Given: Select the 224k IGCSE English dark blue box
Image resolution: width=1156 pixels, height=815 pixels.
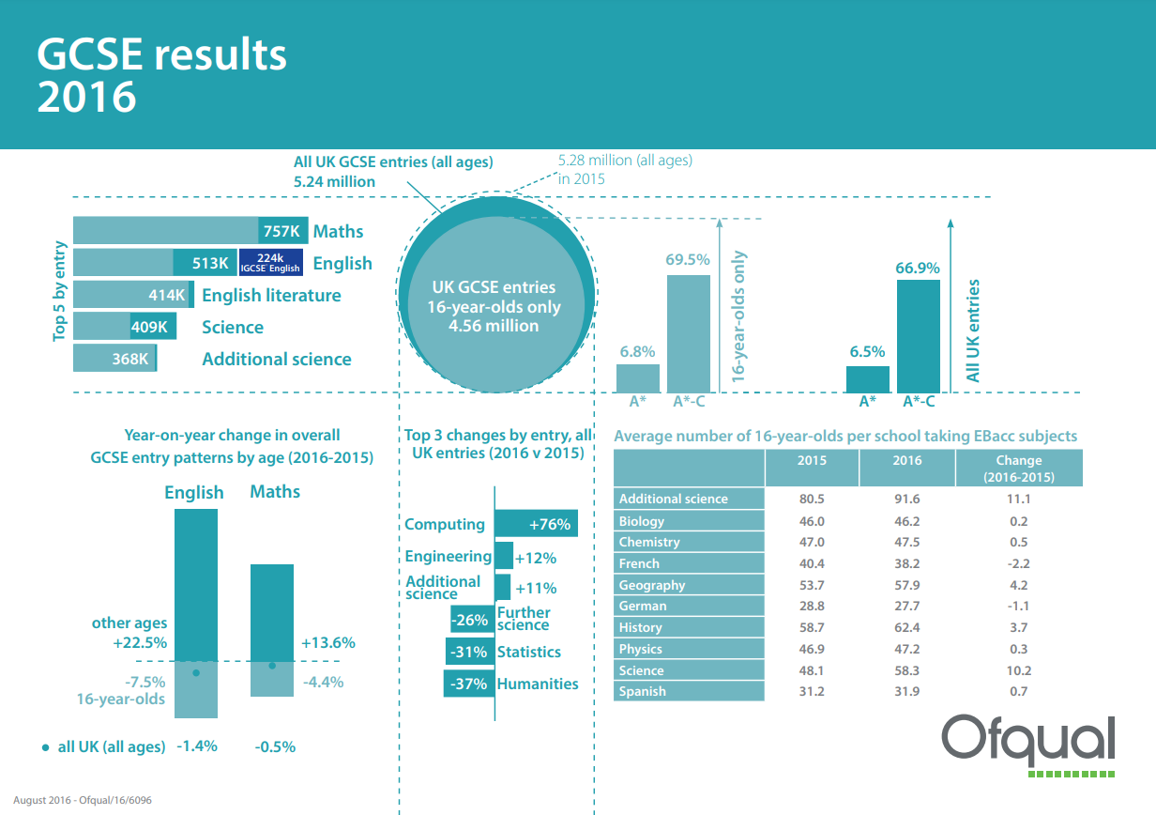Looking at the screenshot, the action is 271,262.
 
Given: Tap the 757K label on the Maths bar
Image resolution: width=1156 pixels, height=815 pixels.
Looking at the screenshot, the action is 281,231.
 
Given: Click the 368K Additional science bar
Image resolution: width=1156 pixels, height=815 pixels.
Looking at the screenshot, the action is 115,358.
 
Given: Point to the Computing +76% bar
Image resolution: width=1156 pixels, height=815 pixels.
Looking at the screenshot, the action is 536,524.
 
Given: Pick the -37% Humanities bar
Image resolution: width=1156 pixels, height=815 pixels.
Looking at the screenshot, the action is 469,684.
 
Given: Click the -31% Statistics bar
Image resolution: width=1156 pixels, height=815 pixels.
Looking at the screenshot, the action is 470,652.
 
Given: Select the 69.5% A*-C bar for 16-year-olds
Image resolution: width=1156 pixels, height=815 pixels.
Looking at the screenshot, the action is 689,333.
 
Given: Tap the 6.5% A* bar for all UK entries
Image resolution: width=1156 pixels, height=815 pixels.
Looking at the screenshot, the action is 868,379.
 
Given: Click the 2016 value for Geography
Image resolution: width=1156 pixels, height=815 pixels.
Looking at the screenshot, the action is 906,585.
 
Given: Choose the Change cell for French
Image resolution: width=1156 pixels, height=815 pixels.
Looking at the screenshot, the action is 1018,563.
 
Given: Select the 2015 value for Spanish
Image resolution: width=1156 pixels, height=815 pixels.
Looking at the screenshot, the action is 812,691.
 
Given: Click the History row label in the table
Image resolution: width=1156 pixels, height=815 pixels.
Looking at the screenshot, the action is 641,627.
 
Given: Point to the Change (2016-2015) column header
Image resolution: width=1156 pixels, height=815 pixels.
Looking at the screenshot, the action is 1019,468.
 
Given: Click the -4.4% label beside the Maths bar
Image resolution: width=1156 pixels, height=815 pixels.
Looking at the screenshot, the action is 323,682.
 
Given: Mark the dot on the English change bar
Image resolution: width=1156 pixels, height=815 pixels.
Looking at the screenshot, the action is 196,673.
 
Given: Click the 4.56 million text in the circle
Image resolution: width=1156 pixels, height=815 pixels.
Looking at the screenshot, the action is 494,326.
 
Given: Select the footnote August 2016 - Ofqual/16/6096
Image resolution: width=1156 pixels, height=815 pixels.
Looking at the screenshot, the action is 83,800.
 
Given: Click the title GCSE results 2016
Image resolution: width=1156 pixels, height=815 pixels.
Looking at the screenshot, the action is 161,75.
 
